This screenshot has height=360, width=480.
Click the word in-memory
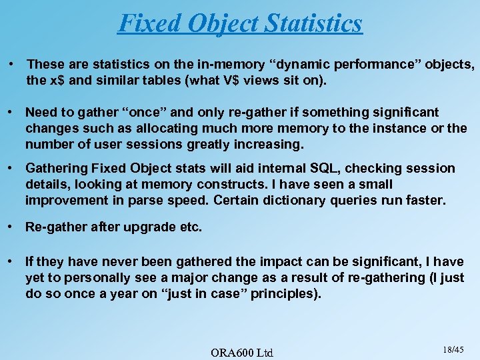coord(224,64)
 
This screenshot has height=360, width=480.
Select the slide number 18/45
coord(453,349)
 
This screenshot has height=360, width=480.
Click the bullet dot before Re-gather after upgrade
coord(12,227)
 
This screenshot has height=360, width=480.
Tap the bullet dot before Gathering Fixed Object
coord(12,168)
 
